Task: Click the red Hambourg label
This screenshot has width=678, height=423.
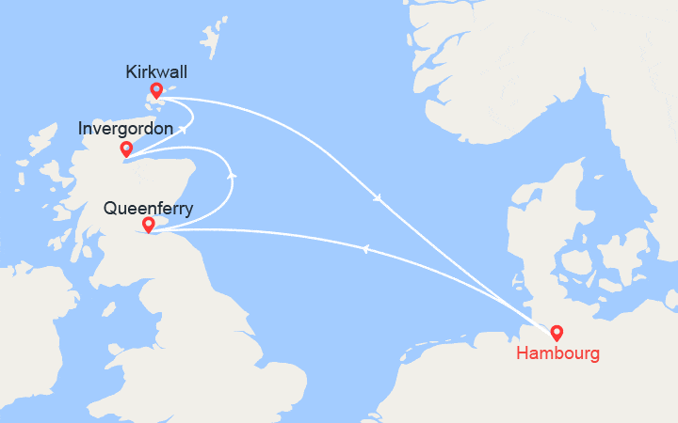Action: pyautogui.click(x=556, y=353)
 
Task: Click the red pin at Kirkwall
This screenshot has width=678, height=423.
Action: pyautogui.click(x=156, y=91)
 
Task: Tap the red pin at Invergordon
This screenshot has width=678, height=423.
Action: pyautogui.click(x=126, y=149)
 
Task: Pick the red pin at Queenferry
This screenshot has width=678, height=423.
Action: pyautogui.click(x=148, y=224)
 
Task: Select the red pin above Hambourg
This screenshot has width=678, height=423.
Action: pyautogui.click(x=557, y=332)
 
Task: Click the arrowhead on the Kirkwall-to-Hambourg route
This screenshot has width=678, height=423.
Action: pyautogui.click(x=379, y=198)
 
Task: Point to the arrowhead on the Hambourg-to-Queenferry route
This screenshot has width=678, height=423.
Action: pyautogui.click(x=363, y=247)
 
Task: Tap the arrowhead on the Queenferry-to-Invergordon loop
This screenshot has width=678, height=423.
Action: pyautogui.click(x=232, y=173)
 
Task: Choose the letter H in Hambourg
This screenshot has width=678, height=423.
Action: pyautogui.click(x=522, y=353)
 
